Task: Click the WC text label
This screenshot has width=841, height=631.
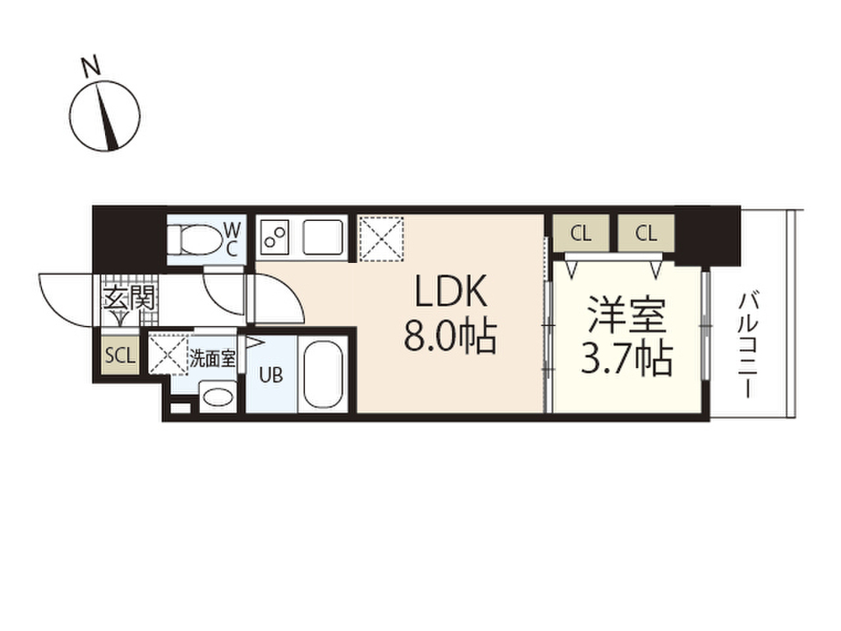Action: [232, 239]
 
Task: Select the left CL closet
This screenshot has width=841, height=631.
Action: [580, 233]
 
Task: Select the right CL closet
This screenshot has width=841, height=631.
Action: [646, 233]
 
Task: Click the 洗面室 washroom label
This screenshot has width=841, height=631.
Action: [213, 357]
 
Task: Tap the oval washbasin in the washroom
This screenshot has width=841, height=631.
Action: [218, 397]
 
